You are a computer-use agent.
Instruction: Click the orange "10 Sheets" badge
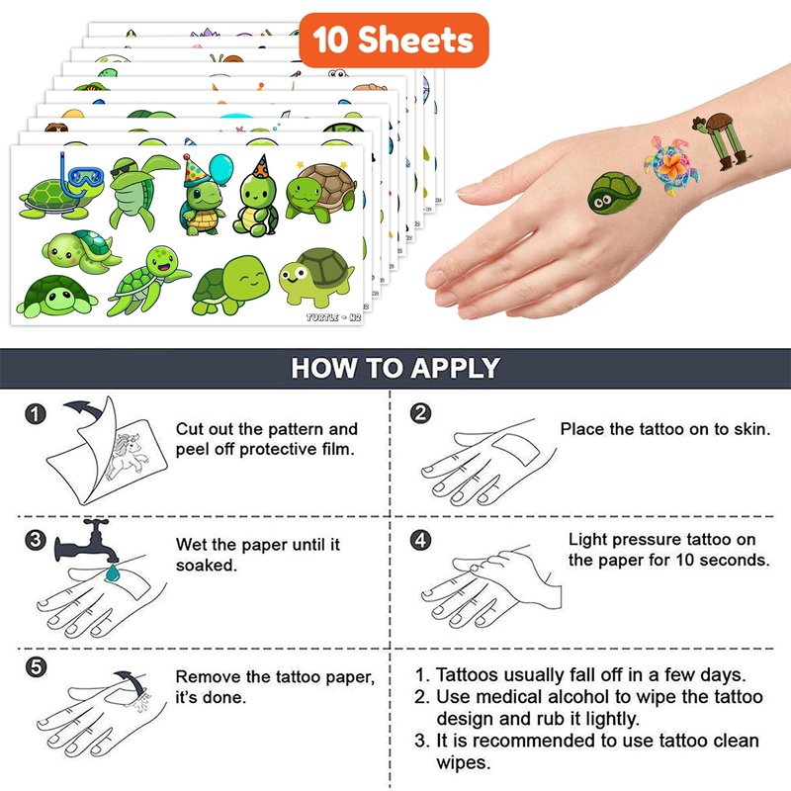coord(394,41)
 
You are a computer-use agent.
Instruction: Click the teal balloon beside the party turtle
coord(221,169)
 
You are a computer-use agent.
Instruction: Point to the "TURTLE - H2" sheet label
coord(333,317)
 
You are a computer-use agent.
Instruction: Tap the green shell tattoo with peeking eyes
coord(614,193)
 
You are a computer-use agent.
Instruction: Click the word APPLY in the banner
coord(455,368)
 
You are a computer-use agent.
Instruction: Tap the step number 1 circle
coord(36,414)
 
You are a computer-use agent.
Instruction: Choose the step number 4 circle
coord(421,540)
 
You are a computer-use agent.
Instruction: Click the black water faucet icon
coord(87,541)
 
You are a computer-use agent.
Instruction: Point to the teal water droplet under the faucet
coord(113,572)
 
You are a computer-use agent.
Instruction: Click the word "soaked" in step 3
coord(206,566)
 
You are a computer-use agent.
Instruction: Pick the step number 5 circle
coord(36,666)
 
